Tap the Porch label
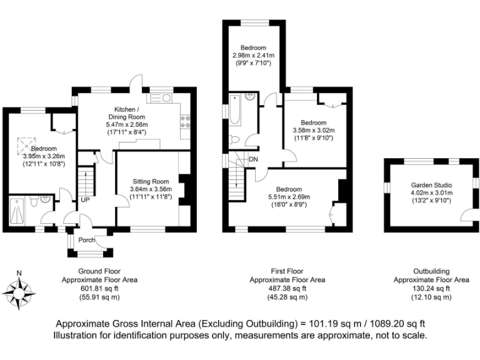tap(87, 239)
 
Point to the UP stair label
tap(84, 200)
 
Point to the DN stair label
tap(253, 159)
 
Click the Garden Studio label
tap(431, 185)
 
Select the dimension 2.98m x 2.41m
tap(253, 56)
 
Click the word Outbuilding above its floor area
tap(431, 271)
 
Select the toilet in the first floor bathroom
tap(234, 139)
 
